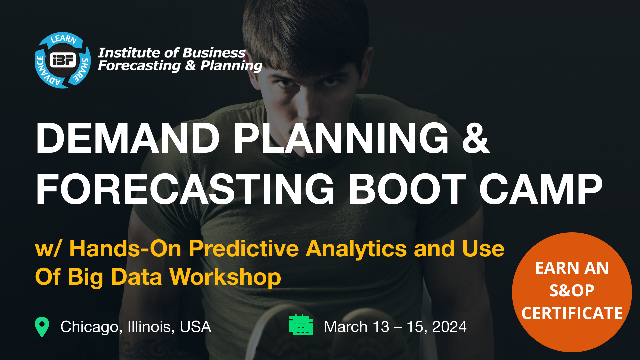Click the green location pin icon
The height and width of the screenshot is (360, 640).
click(x=42, y=327)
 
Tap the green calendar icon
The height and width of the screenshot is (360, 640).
click(x=301, y=325)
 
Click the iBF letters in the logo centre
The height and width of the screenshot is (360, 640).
click(x=63, y=60)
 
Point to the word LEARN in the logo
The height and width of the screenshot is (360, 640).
click(x=63, y=39)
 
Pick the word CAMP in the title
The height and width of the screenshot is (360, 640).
click(x=541, y=189)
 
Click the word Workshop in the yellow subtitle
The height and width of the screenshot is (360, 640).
click(x=225, y=277)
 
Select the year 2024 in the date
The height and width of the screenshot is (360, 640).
click(x=449, y=327)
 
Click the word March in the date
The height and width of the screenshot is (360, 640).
click(x=346, y=327)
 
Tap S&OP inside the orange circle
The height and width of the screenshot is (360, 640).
click(x=572, y=291)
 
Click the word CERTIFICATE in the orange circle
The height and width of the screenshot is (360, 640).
click(x=572, y=313)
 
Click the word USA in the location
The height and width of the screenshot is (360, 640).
click(x=195, y=327)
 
